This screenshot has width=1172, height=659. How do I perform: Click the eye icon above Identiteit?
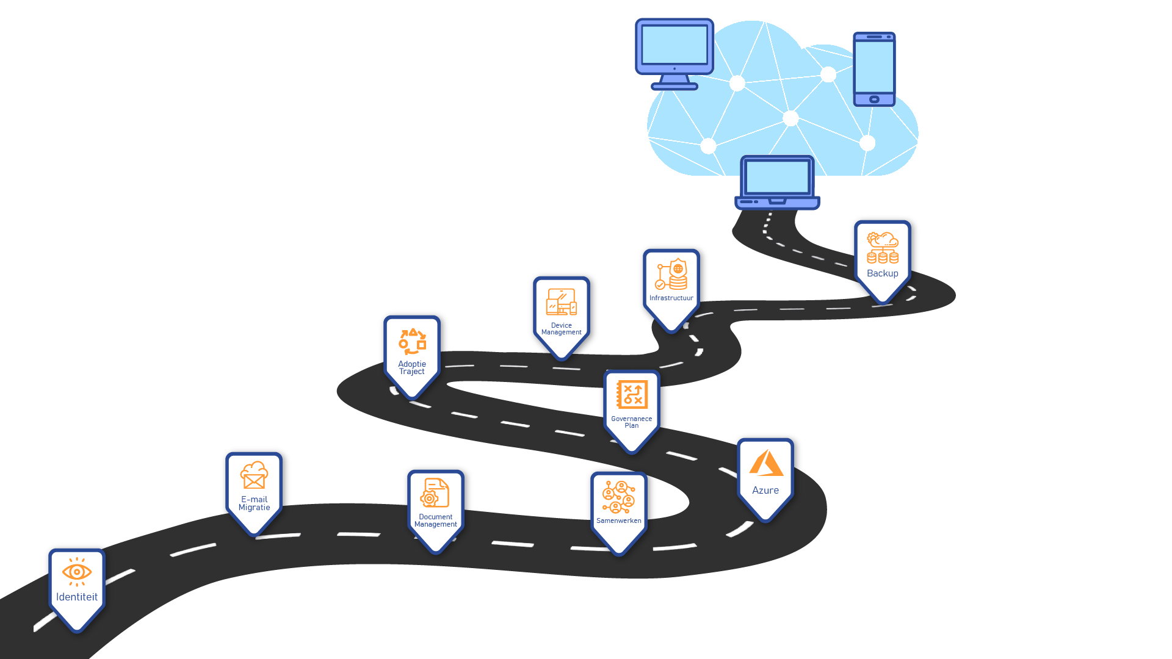pyautogui.click(x=77, y=572)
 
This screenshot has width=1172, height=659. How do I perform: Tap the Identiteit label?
pyautogui.click(x=77, y=597)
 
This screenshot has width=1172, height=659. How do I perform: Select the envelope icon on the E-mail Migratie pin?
pyautogui.click(x=254, y=475)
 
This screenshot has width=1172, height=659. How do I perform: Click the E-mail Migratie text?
pyautogui.click(x=254, y=503)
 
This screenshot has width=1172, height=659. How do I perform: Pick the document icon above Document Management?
pyautogui.click(x=435, y=493)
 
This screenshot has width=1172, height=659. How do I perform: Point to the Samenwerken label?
pyautogui.click(x=619, y=521)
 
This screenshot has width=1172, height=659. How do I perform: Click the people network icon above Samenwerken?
pyautogui.click(x=619, y=497)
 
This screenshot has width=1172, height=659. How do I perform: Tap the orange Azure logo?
pyautogui.click(x=766, y=463)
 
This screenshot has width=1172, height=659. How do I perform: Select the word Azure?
pyautogui.click(x=765, y=491)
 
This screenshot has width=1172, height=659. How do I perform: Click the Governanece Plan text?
pyautogui.click(x=632, y=422)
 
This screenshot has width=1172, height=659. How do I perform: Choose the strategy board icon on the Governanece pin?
pyautogui.click(x=632, y=394)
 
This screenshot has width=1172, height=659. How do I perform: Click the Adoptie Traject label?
pyautogui.click(x=412, y=368)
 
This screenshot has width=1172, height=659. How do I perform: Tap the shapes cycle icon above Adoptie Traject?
pyautogui.click(x=413, y=342)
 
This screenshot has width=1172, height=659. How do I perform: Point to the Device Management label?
pyautogui.click(x=562, y=329)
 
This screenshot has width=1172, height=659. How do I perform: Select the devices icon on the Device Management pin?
pyautogui.click(x=562, y=302)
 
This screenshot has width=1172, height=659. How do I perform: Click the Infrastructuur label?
pyautogui.click(x=671, y=298)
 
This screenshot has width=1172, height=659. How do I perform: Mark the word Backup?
pyautogui.click(x=883, y=273)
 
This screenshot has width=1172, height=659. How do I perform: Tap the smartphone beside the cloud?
pyautogui.click(x=874, y=69)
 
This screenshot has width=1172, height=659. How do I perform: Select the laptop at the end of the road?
pyautogui.click(x=777, y=182)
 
